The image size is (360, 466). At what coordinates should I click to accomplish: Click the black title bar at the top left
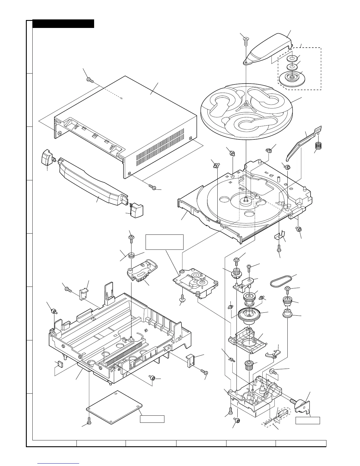coord(63,24)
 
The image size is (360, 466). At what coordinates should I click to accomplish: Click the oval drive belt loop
coord(281,281)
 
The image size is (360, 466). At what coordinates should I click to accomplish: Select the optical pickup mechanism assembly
coord(195,282)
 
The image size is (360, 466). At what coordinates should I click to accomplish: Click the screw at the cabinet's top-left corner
coord(89,80)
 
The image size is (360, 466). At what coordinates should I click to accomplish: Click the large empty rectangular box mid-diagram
coord(164,242)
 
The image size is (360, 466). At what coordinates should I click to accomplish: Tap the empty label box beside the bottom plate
coord(152,419)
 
